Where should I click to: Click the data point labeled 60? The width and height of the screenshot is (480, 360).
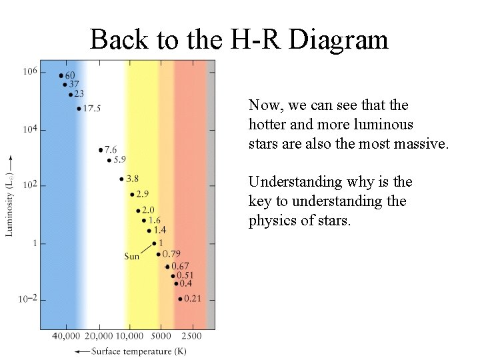click(x=61, y=76)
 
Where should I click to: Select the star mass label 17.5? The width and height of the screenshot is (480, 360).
click(x=91, y=108)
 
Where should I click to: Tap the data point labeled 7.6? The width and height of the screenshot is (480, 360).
click(x=101, y=150)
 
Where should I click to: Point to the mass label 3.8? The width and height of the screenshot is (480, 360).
click(x=132, y=179)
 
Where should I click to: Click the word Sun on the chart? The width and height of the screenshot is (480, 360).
click(x=132, y=256)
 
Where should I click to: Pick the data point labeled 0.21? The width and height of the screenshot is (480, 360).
click(x=180, y=299)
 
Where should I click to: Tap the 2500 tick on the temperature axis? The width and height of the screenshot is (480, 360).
click(x=192, y=336)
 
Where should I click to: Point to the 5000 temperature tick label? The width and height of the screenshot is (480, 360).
click(x=159, y=336)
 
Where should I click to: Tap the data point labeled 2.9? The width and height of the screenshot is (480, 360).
click(x=132, y=195)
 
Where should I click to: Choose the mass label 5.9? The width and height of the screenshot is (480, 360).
click(x=119, y=160)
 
